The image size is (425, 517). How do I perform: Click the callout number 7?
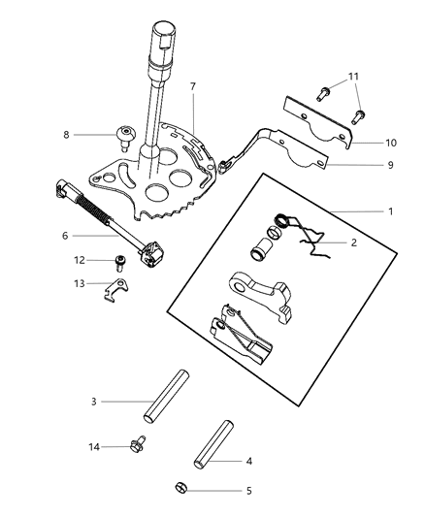[x=192, y=87]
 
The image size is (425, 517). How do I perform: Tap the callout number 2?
[x=353, y=242]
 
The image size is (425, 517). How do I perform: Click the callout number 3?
[x=93, y=401]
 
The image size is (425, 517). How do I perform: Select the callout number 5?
[x=248, y=491]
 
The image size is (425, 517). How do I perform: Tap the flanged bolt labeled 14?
[x=138, y=446]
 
